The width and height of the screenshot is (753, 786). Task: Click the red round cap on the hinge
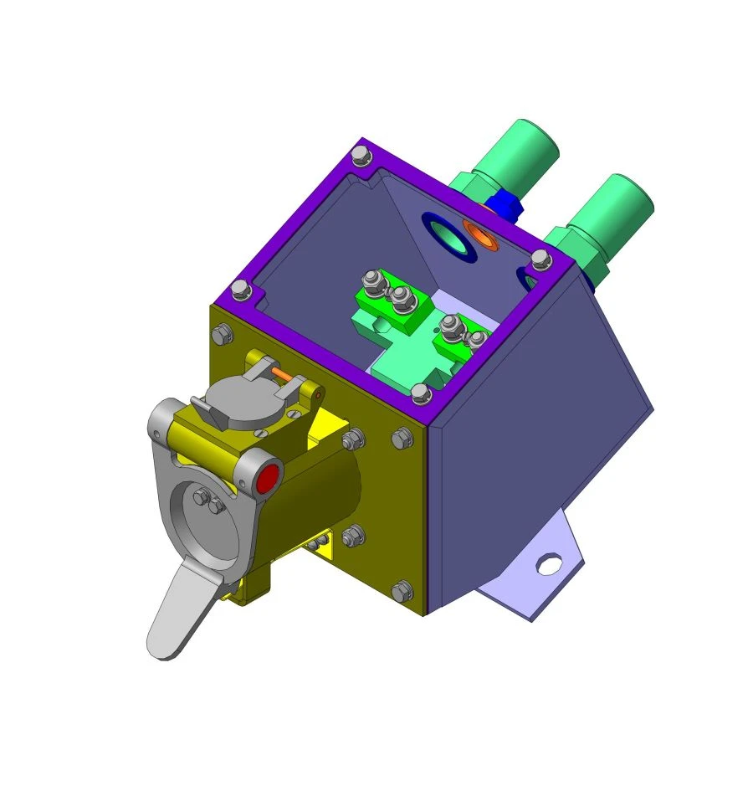tap(269, 480)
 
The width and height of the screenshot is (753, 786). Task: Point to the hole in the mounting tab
tap(548, 565)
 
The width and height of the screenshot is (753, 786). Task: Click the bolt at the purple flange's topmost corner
tap(361, 154)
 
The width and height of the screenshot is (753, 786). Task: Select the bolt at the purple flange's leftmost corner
tap(241, 290)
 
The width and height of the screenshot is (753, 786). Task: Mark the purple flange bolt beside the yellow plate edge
tap(422, 393)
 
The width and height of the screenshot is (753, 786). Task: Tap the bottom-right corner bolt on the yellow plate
tap(402, 591)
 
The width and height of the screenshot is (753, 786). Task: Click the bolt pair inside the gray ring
tap(206, 501)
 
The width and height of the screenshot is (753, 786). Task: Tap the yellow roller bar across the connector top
tap(213, 437)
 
